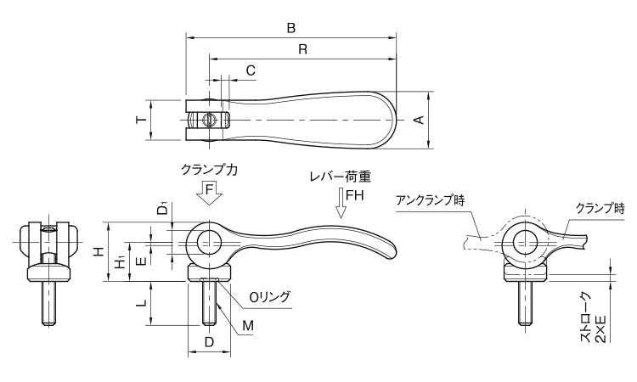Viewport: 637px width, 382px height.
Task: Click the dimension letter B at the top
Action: point(290,28)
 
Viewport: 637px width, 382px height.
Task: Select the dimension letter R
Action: point(302,49)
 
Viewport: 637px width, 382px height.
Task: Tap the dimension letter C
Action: point(251,70)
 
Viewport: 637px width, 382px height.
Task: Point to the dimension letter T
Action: point(141,121)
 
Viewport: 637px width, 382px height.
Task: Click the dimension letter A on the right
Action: point(418,121)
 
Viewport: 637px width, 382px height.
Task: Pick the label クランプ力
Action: point(209,169)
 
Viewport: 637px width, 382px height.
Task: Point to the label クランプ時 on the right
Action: point(600,207)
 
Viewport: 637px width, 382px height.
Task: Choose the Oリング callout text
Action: point(269,296)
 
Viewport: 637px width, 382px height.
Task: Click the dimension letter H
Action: point(99,252)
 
